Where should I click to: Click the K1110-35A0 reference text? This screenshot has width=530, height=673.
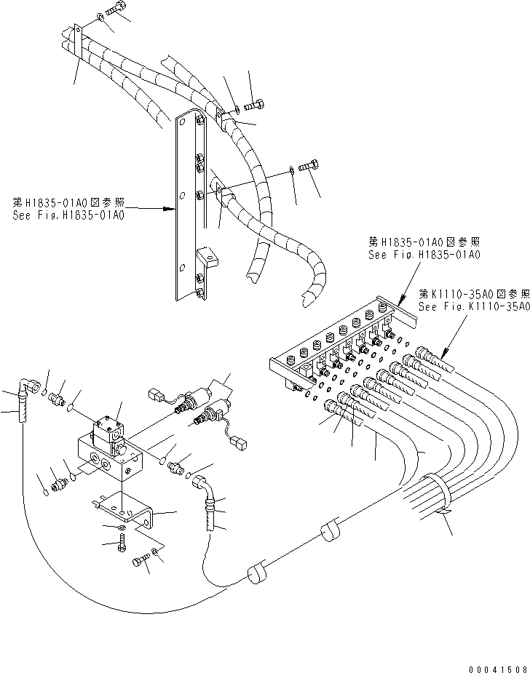[x=473, y=300]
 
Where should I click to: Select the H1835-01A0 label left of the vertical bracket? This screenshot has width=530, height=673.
[x=68, y=210]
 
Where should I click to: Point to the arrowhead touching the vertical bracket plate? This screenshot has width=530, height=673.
[x=173, y=210]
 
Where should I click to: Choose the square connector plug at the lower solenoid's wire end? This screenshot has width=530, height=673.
[x=237, y=440]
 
